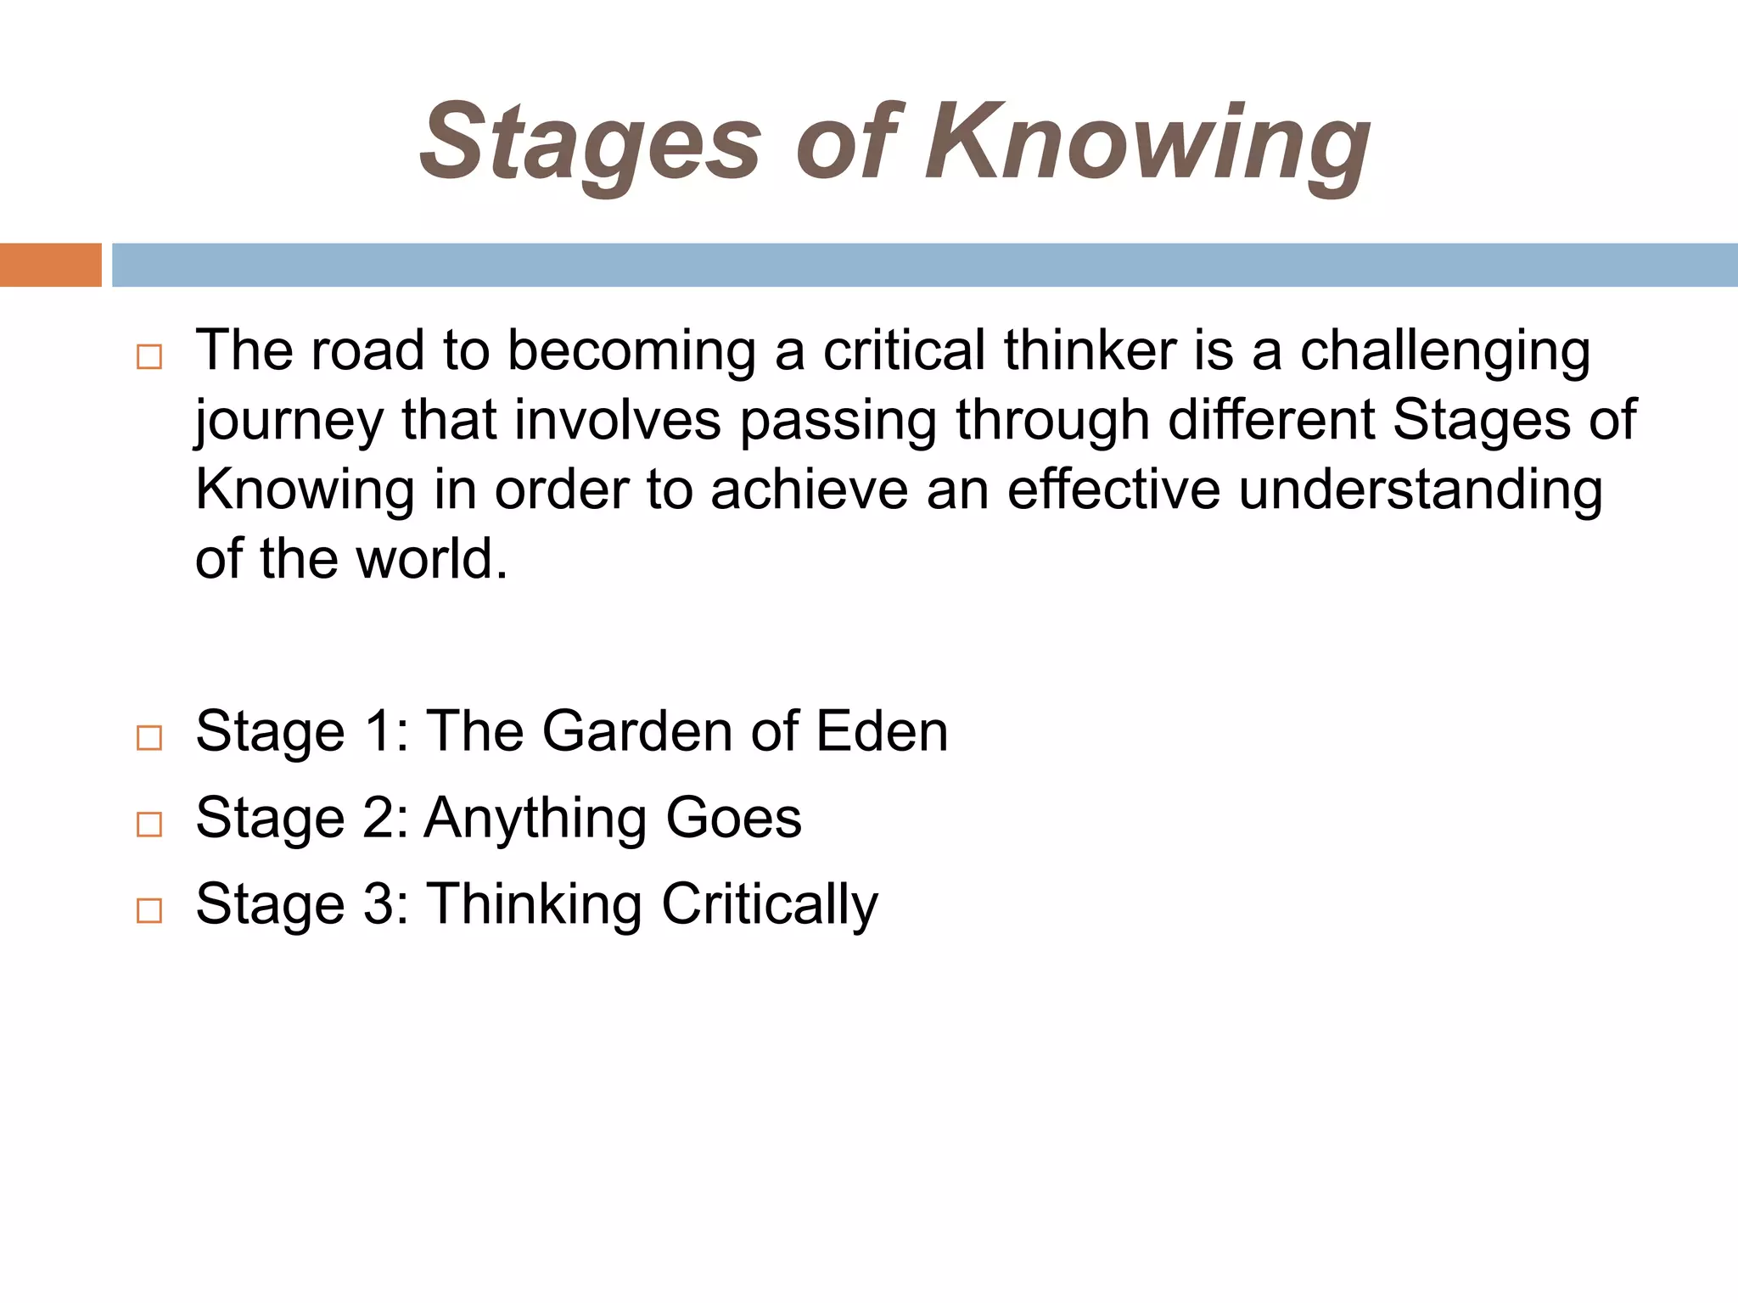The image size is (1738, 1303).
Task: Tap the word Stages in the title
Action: click(591, 144)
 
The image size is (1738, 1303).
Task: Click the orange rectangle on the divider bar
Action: click(51, 265)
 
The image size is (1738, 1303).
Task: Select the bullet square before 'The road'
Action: click(149, 356)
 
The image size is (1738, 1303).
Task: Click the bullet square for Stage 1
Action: click(149, 737)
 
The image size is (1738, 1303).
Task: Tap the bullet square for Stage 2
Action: click(149, 824)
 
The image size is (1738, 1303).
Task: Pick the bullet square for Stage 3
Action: click(149, 910)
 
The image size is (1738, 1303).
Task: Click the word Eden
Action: click(882, 731)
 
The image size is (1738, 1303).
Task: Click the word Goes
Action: click(733, 818)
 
